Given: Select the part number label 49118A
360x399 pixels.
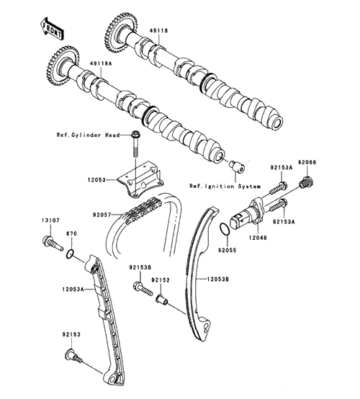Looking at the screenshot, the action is click(x=100, y=63).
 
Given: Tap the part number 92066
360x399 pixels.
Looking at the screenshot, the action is click(x=307, y=162).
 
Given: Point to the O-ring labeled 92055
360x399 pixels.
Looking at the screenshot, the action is click(x=225, y=230).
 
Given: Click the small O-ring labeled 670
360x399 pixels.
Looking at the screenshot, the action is click(x=71, y=254).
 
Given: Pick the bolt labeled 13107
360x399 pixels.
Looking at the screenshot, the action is click(x=52, y=243).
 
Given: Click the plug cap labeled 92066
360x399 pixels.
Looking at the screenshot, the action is click(x=306, y=182).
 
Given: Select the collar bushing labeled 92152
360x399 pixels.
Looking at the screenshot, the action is click(x=162, y=299).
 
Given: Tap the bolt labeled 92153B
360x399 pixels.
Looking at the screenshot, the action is click(x=143, y=289).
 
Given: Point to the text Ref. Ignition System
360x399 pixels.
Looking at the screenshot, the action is click(x=225, y=187).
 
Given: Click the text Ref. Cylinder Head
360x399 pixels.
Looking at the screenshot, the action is click(x=88, y=135).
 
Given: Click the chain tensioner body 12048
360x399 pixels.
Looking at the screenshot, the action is click(x=248, y=212).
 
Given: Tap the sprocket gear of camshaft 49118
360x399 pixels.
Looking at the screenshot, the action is click(x=121, y=32).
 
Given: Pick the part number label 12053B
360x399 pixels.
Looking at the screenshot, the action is click(x=217, y=279).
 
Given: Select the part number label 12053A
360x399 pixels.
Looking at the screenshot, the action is click(x=73, y=289).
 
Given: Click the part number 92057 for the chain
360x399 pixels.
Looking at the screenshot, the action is click(x=102, y=215).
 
